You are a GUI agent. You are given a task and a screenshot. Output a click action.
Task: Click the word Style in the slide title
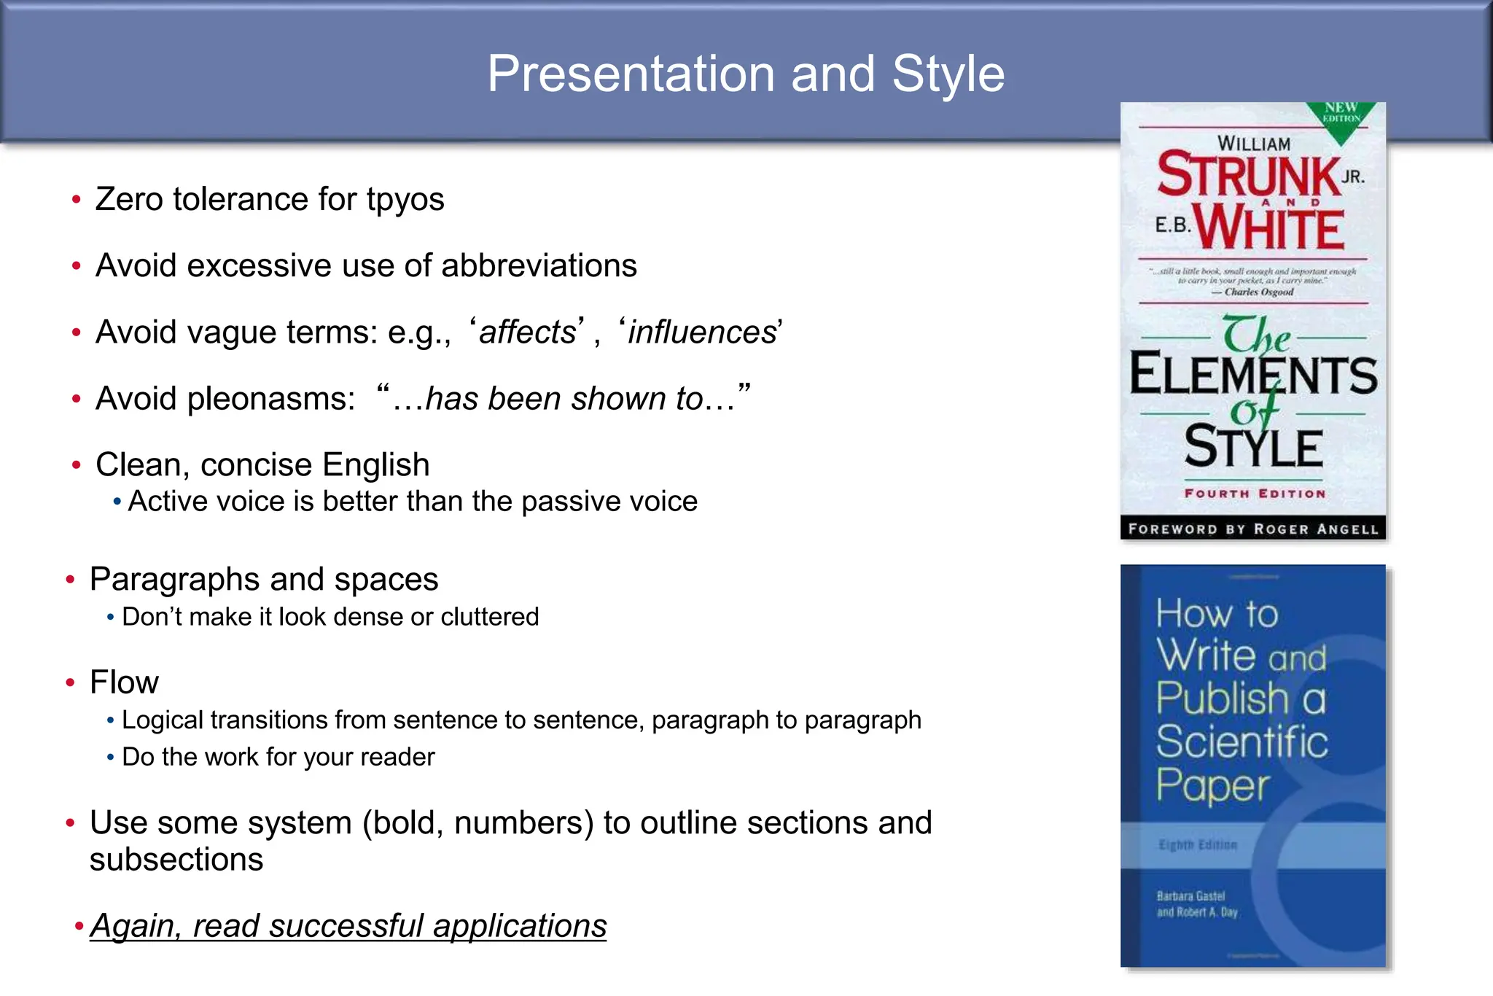(948, 74)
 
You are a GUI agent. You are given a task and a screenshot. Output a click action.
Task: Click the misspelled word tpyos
(405, 200)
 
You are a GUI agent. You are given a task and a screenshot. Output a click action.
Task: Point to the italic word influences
(702, 332)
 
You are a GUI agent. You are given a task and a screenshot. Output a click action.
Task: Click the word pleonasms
(270, 399)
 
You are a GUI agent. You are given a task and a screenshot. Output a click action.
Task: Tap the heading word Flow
(124, 682)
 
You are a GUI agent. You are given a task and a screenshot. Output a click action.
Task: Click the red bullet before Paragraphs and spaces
(70, 580)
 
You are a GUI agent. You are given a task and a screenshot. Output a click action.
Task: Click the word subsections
(176, 860)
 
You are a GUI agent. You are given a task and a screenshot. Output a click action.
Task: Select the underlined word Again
(133, 926)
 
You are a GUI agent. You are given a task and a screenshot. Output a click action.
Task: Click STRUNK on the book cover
(1249, 175)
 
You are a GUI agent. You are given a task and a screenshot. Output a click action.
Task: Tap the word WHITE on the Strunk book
(1269, 229)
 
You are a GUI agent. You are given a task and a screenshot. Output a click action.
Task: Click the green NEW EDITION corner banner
(1341, 114)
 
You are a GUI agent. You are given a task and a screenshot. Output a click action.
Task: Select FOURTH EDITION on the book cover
(1255, 494)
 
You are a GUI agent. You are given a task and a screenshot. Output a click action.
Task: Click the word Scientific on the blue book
(1241, 742)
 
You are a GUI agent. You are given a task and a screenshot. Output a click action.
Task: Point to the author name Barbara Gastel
(1190, 895)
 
